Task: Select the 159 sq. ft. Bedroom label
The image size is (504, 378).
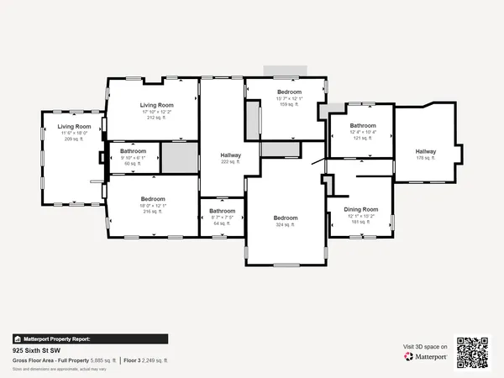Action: [289, 91]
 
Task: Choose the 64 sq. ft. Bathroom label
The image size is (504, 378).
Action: [222, 211]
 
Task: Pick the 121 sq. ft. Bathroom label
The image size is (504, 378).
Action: [363, 125]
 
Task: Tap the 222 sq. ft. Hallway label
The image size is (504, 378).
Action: [230, 155]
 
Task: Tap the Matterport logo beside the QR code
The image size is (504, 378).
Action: [423, 356]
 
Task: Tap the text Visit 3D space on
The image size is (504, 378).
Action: [425, 345]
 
